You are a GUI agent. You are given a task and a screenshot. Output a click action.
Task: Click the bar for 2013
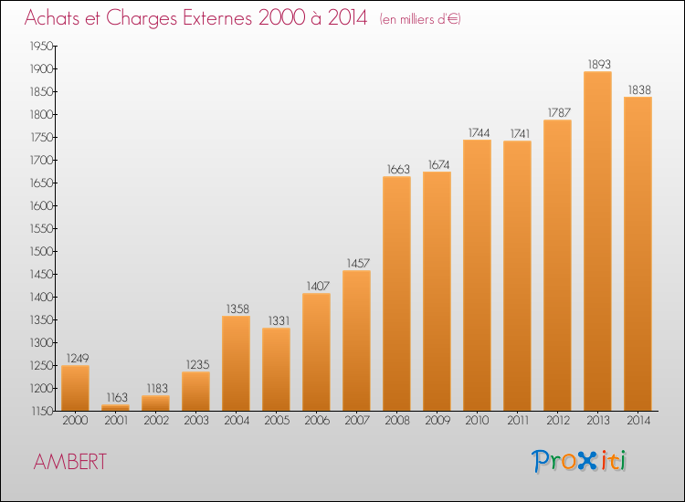point(597,241)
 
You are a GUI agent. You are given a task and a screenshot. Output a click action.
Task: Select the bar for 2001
point(115,408)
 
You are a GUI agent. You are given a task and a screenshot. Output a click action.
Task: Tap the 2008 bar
point(396,293)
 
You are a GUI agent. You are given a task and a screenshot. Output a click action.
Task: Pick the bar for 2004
point(236,363)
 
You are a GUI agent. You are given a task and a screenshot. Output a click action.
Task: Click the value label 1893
point(599,64)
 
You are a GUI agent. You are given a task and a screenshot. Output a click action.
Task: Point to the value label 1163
point(117,397)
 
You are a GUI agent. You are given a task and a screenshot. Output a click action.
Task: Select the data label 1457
point(358,263)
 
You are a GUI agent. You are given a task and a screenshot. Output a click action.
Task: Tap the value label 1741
point(520,133)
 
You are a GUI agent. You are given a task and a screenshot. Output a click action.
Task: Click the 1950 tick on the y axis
point(41,46)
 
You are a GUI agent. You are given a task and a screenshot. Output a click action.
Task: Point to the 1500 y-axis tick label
point(41,251)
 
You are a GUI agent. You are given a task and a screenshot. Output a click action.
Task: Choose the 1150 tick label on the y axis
point(42,412)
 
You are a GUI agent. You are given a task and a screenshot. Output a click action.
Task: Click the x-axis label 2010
point(477,421)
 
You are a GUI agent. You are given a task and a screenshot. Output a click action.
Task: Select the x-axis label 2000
point(75,421)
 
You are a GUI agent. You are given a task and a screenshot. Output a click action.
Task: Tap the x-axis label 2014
point(638,421)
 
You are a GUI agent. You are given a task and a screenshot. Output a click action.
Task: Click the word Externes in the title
point(217,17)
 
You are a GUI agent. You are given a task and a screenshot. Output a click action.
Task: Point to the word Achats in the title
point(52,17)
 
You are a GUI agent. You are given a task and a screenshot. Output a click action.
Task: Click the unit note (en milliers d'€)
point(420,20)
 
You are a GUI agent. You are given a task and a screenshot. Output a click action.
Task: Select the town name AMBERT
point(70,462)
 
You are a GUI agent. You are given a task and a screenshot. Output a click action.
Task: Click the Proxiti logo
point(579,461)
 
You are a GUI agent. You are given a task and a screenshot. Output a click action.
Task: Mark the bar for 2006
point(316,351)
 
